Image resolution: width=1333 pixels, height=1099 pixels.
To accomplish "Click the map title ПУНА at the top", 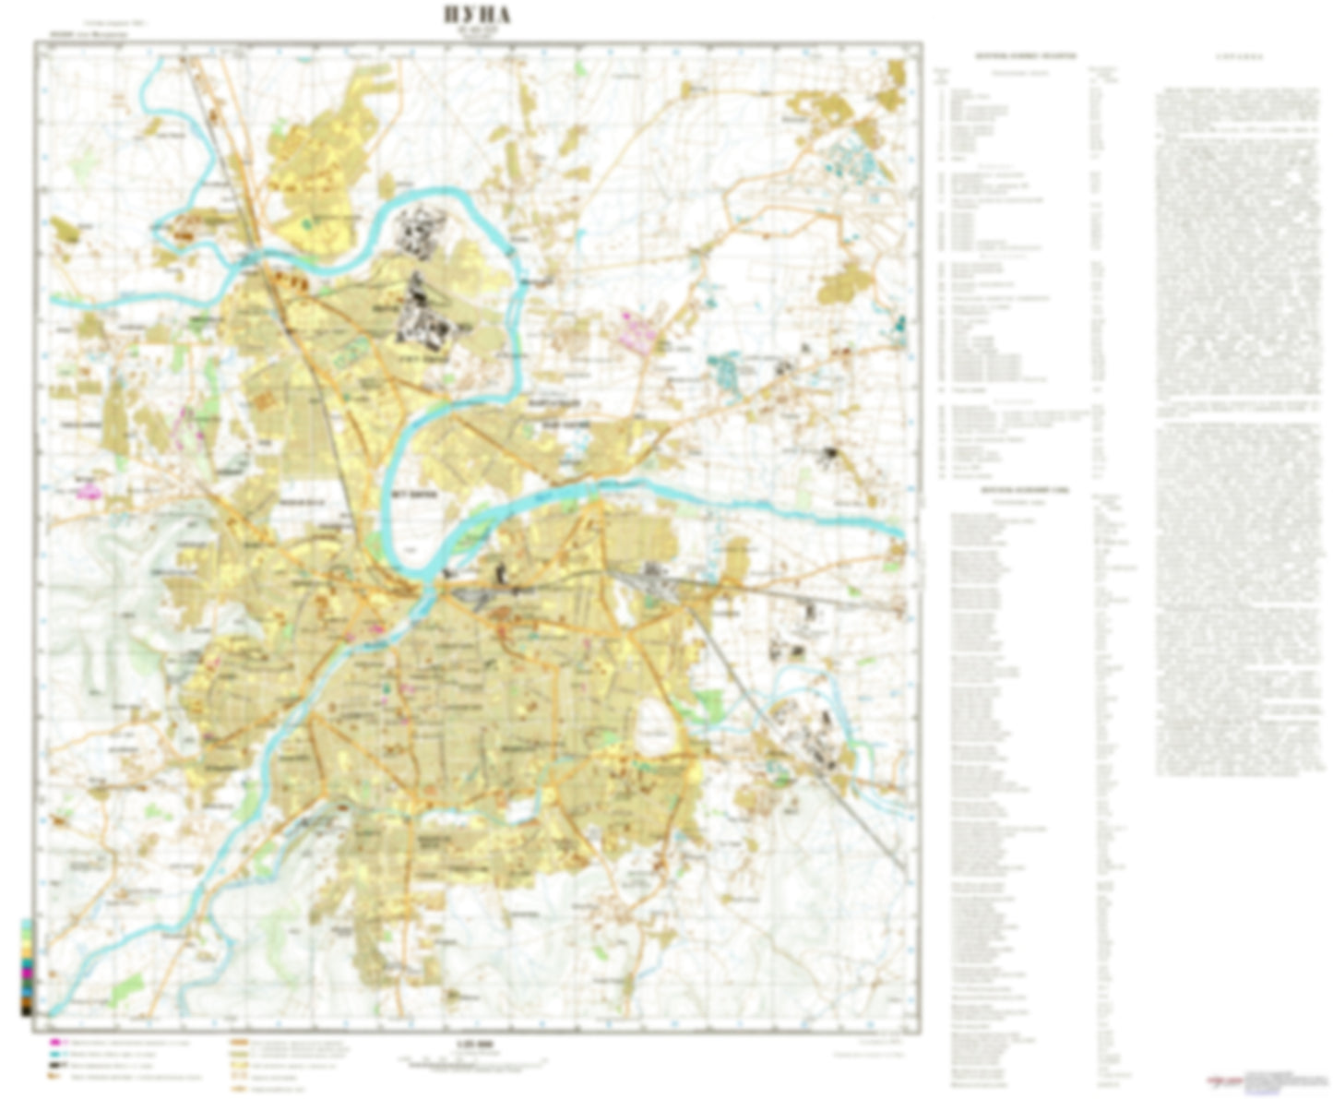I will tap(477, 17).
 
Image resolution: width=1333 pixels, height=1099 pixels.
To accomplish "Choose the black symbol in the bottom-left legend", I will tap(54, 1066).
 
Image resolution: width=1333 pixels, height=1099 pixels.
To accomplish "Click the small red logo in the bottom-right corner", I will tap(1223, 1079).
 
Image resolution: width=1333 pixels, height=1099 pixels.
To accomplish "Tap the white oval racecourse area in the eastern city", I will tap(657, 724).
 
